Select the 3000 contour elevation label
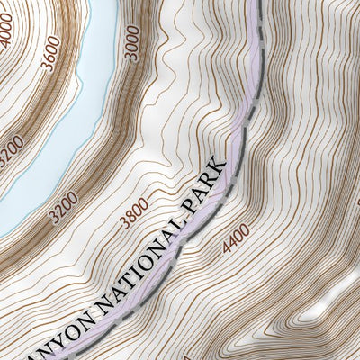(133, 43)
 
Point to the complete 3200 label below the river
(65, 208)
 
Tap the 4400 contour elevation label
(235, 238)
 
